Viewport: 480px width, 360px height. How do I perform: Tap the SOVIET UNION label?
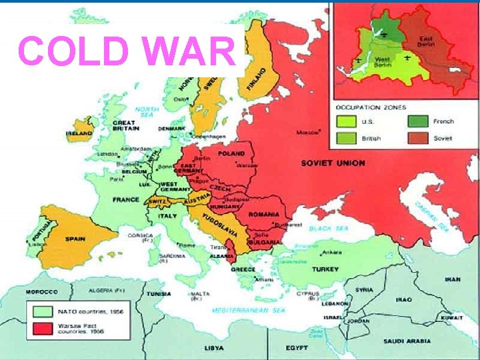(x=333, y=163)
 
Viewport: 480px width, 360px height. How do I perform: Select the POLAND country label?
(x=231, y=153)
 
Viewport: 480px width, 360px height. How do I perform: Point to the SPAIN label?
(x=75, y=238)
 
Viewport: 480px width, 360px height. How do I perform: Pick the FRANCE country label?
(x=126, y=199)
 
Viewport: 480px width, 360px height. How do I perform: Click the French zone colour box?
(x=418, y=121)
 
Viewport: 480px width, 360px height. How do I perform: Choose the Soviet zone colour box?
(x=418, y=138)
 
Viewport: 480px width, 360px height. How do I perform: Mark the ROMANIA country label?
(x=264, y=214)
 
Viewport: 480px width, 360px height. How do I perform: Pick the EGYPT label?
(x=297, y=348)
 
